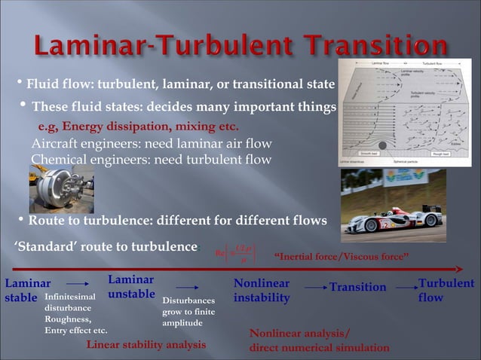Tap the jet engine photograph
coord(61,188)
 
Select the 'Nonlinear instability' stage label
coord(261,291)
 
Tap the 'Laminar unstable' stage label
coord(131,287)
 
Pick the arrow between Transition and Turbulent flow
coord(406,287)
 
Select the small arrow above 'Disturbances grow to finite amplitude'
coord(186,287)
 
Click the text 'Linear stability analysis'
coord(146,345)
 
